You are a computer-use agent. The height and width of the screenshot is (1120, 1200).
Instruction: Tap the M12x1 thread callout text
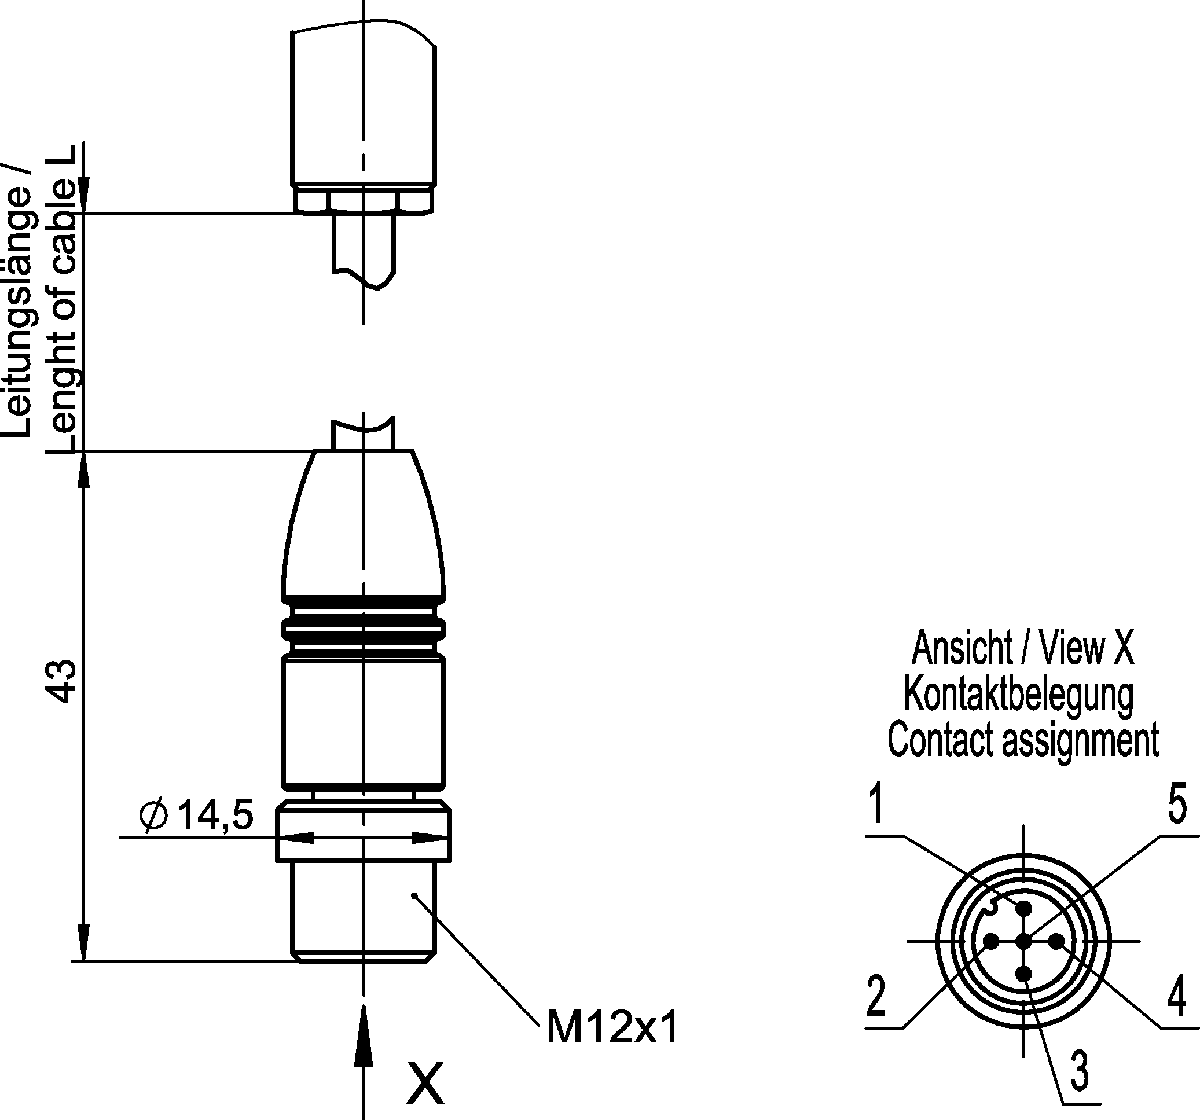click(x=612, y=1027)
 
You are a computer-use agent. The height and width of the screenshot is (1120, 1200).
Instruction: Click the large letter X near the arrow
click(x=425, y=1084)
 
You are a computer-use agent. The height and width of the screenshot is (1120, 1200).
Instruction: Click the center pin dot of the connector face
click(x=1024, y=941)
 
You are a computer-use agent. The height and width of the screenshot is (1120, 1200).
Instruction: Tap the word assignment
click(x=1081, y=740)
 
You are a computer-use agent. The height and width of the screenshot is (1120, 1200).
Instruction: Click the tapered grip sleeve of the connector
click(x=364, y=525)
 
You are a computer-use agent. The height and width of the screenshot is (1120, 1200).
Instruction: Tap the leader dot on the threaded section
click(x=414, y=895)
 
